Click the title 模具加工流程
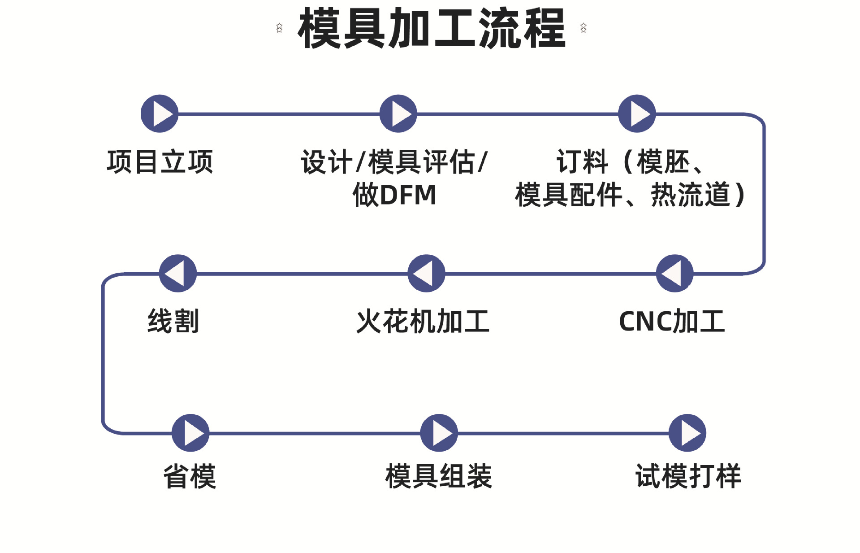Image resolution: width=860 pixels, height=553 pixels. tap(432, 28)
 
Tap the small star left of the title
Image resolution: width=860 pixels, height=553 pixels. tap(279, 28)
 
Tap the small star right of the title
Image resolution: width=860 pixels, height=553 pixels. tap(583, 28)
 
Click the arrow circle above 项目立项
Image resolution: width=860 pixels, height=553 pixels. tap(160, 113)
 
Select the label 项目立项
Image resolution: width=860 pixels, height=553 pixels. tap(160, 162)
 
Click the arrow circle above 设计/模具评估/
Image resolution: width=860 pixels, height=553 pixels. tap(398, 113)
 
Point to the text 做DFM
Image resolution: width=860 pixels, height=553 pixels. tap(394, 195)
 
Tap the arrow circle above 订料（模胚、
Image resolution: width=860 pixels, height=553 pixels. tap(637, 113)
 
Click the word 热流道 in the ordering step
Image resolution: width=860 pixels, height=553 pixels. tap(690, 195)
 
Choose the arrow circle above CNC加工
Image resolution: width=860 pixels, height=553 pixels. tap(674, 273)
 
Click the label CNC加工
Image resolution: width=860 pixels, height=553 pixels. tap(671, 322)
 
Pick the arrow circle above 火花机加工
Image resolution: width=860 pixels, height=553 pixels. tap(426, 273)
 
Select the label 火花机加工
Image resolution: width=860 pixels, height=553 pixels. tap(423, 322)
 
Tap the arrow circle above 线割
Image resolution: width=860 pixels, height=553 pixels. tap(178, 273)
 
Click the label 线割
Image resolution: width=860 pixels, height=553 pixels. tap(173, 322)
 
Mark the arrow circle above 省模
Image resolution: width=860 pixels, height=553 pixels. tap(190, 433)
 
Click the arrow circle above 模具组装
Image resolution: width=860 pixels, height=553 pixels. tap(439, 433)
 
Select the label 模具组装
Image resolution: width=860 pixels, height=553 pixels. tap(438, 476)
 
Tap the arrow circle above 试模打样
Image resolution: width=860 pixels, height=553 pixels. tap(687, 433)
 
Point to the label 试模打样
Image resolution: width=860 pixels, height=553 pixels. tap(688, 476)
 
